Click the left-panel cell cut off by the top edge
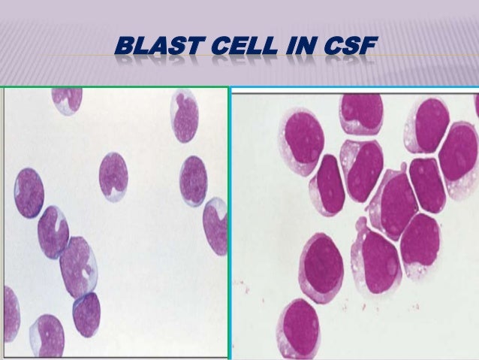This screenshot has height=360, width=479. point(66,98)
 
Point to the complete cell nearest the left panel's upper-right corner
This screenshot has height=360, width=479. point(185,117)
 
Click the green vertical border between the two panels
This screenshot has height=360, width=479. point(227,225)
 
